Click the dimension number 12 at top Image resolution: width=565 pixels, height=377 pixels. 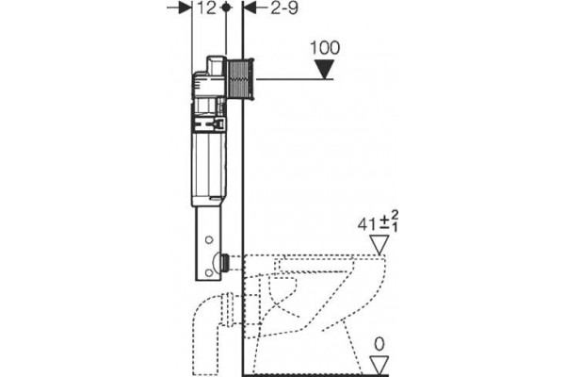pyautogui.click(x=206, y=8)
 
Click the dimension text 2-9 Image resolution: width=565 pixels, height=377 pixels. pyautogui.click(x=284, y=8)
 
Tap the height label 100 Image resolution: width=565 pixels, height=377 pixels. pyautogui.click(x=325, y=48)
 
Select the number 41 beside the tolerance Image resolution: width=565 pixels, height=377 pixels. pyautogui.click(x=366, y=224)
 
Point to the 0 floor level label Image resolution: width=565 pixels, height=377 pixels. pyautogui.click(x=379, y=345)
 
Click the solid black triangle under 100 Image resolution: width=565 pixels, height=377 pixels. pyautogui.click(x=324, y=69)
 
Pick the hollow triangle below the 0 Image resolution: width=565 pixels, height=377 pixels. pyautogui.click(x=379, y=365)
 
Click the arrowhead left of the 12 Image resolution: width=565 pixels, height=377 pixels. pyautogui.click(x=185, y=8)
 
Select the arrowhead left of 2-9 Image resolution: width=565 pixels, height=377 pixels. pyautogui.click(x=250, y=8)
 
